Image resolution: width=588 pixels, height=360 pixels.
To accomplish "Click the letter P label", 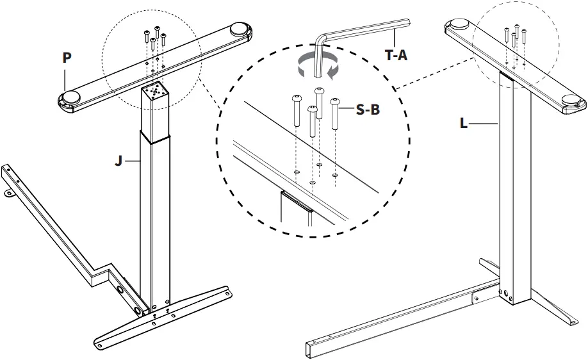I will click(67, 58).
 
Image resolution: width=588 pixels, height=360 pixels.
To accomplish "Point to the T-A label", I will click(396, 56).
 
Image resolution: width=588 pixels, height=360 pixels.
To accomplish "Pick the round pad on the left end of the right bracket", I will click(459, 24).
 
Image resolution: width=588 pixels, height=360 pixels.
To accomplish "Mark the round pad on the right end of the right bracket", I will click(572, 99).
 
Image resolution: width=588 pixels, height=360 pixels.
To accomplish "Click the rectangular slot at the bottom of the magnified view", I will click(296, 202).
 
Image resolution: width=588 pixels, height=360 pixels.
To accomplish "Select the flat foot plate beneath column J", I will click(163, 316).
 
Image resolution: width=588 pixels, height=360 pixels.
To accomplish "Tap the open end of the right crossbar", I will click(310, 350).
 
